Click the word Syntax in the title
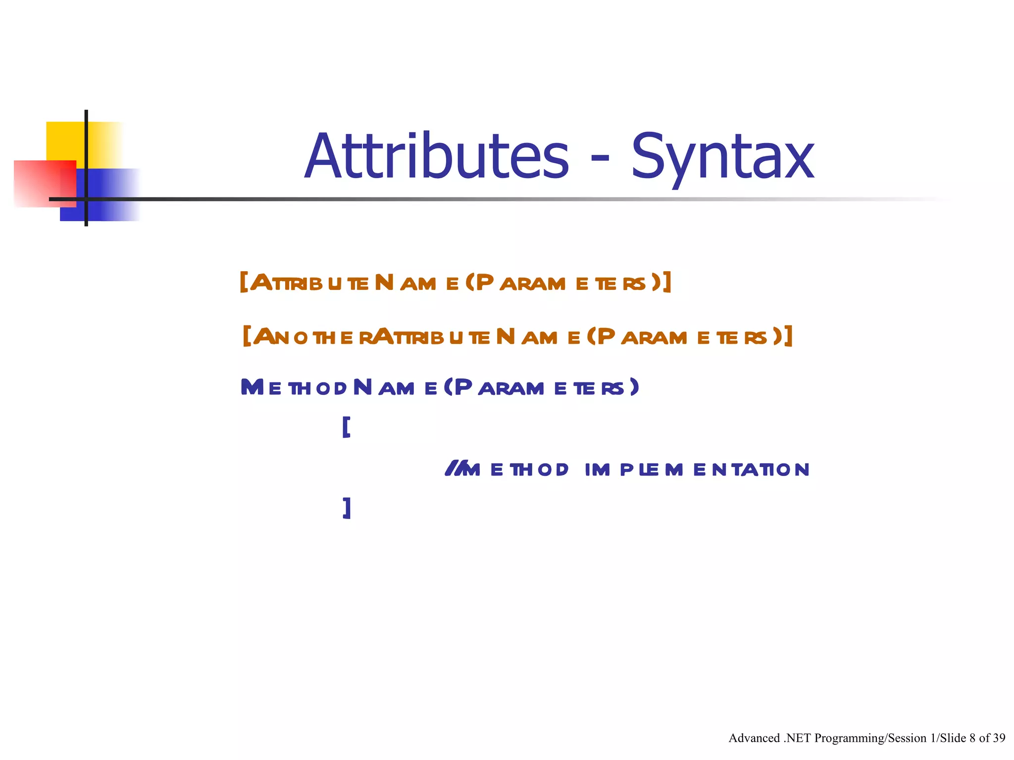coord(722,157)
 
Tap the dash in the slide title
coord(600,160)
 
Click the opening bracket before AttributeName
coord(243,282)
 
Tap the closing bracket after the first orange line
coord(667,282)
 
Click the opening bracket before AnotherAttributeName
coord(247,336)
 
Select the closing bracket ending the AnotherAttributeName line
coord(788,336)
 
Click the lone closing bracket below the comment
coord(347,508)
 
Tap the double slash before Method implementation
coord(452,468)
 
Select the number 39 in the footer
coord(999,738)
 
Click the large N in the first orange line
coord(384,283)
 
